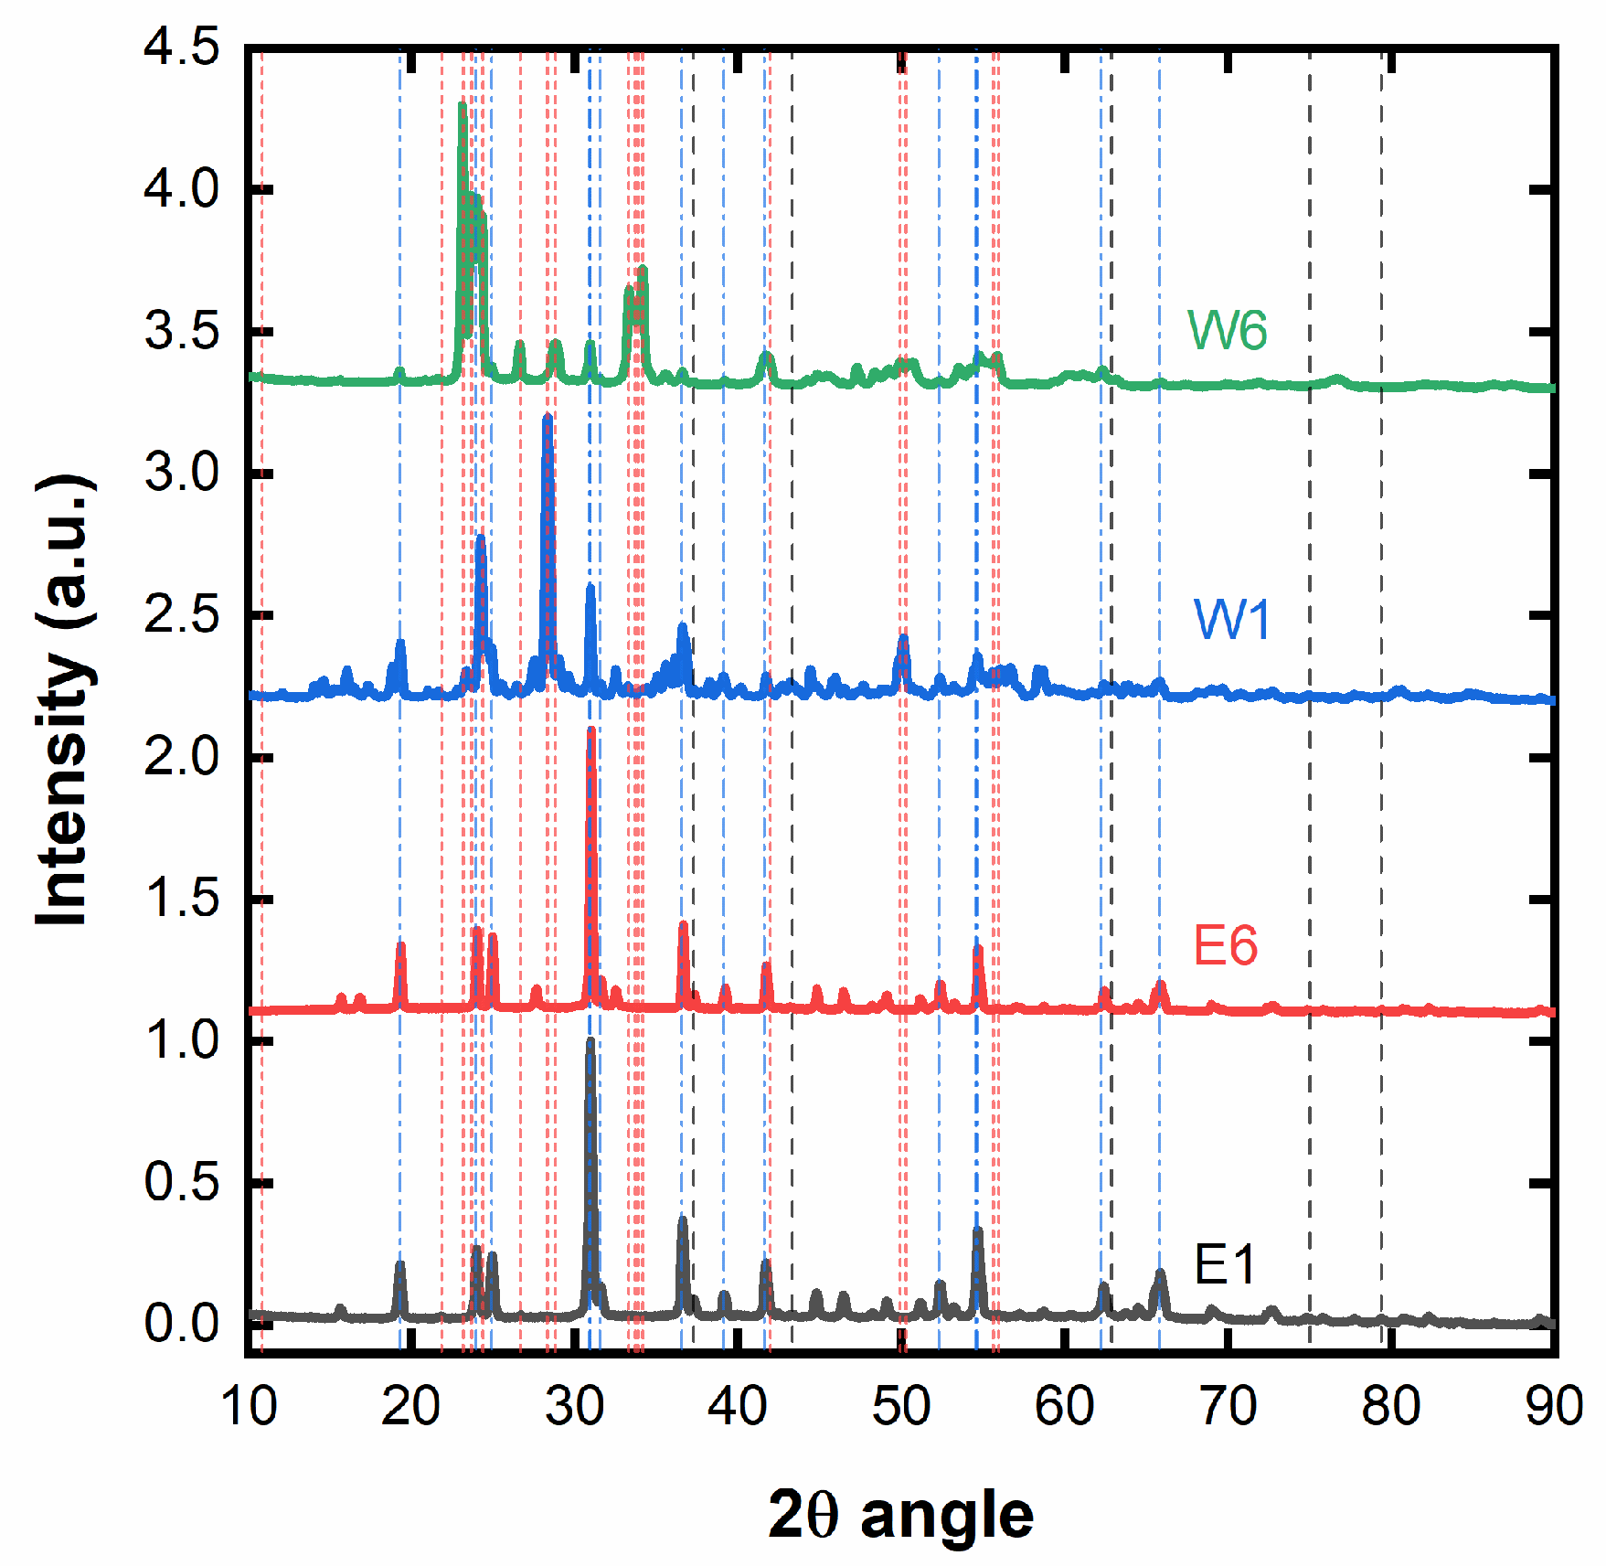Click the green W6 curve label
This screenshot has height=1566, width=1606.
[1227, 330]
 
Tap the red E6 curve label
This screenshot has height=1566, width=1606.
[1225, 945]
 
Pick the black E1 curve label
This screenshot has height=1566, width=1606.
[1225, 1265]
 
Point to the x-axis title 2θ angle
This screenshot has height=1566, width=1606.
[900, 1515]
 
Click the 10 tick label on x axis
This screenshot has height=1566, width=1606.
[248, 1406]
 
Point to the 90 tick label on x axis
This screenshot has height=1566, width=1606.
[1553, 1406]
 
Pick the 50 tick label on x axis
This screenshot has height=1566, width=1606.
[900, 1406]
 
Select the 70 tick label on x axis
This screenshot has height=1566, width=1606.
[1227, 1406]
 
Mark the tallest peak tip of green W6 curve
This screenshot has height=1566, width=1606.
[462, 105]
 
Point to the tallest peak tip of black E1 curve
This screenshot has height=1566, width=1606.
[590, 1041]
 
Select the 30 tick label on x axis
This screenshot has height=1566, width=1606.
[574, 1406]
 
